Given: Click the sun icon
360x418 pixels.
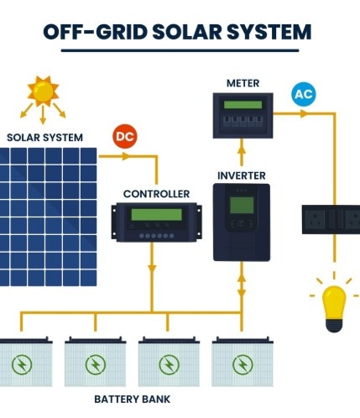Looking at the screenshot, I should (43, 90).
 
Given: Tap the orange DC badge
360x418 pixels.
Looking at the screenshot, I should (124, 136).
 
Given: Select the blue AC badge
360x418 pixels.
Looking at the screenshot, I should (303, 93).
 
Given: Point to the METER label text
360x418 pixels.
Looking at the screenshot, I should (243, 83).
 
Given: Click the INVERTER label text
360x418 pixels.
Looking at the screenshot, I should (242, 175).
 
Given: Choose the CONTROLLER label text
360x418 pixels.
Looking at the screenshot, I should (156, 194).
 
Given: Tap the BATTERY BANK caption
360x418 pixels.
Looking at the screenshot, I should (132, 400).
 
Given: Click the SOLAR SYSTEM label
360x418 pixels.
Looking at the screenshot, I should (45, 137).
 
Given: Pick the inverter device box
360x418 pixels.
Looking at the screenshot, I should (242, 222).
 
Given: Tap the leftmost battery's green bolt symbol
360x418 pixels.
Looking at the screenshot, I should (21, 364).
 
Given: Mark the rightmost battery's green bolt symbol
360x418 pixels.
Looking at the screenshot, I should (242, 364).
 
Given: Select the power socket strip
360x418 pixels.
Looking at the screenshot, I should (330, 219).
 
